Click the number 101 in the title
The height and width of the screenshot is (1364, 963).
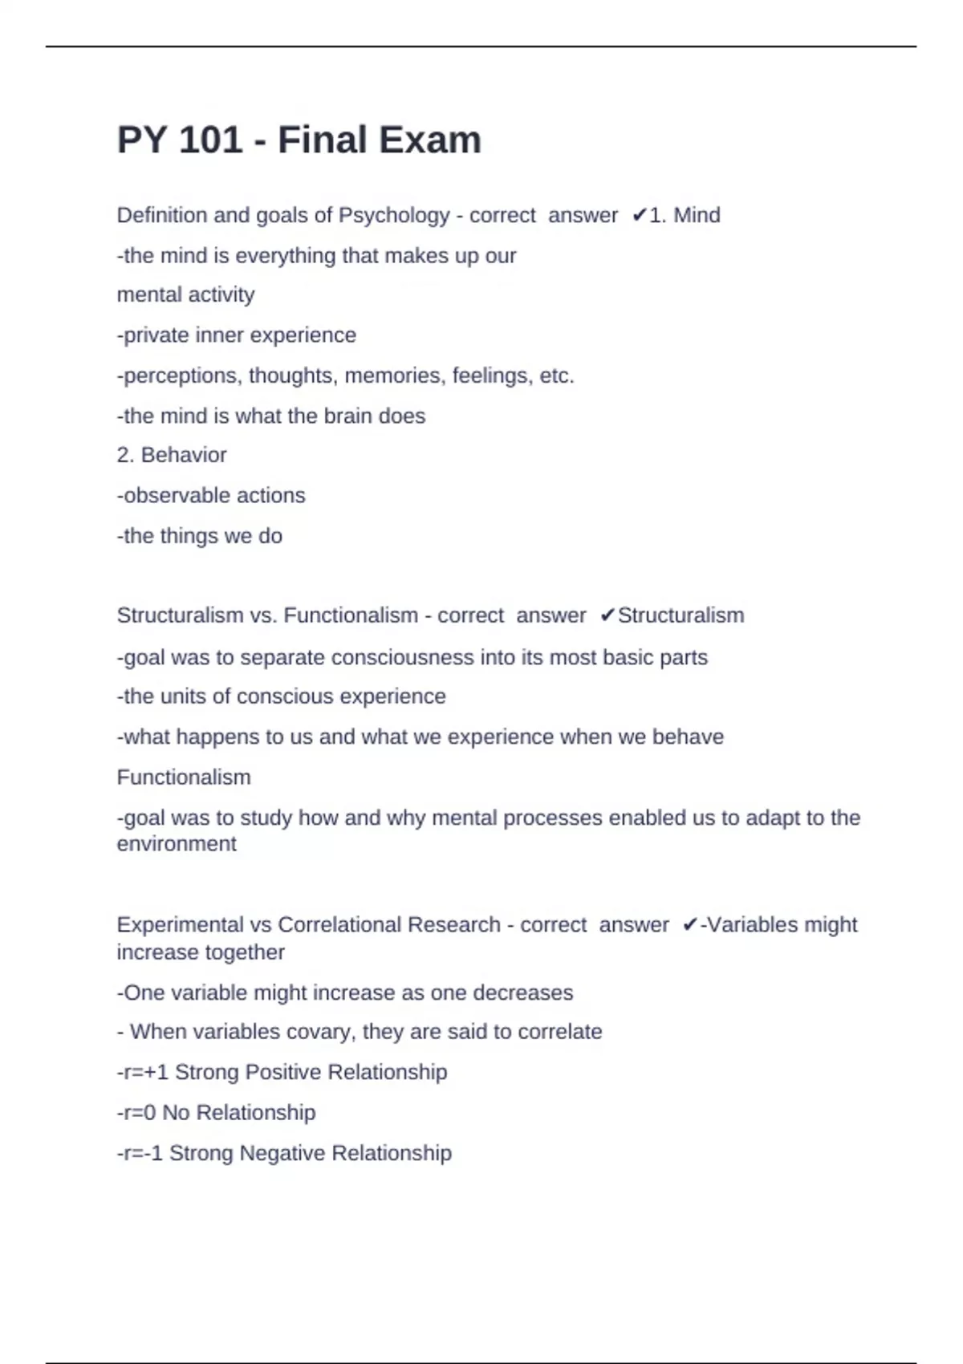210,140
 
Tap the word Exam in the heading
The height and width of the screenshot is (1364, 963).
429,140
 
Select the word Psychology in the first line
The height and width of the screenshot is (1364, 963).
394,215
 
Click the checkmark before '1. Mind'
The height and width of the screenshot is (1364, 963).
640,215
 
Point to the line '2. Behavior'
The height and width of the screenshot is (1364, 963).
172,455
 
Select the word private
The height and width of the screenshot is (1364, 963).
156,335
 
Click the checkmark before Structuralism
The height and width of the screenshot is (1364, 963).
607,615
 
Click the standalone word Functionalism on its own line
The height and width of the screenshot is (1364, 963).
184,777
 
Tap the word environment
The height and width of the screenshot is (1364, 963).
177,843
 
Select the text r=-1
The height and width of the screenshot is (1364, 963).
143,1153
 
